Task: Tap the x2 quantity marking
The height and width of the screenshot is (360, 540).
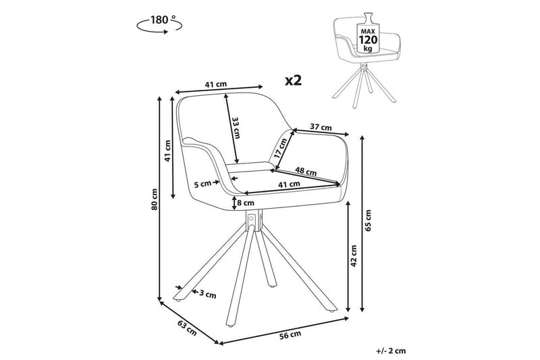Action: pyautogui.click(x=292, y=80)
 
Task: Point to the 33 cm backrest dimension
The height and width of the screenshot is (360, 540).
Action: pyautogui.click(x=236, y=127)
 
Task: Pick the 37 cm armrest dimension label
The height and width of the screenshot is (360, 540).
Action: pyautogui.click(x=321, y=127)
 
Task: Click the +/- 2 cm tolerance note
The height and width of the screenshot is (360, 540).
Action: pyautogui.click(x=392, y=351)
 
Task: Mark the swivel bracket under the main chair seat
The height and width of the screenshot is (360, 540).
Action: pyautogui.click(x=252, y=221)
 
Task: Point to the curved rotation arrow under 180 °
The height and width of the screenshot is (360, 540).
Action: pyautogui.click(x=159, y=28)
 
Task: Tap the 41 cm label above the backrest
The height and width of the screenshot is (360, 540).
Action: pyautogui.click(x=215, y=84)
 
